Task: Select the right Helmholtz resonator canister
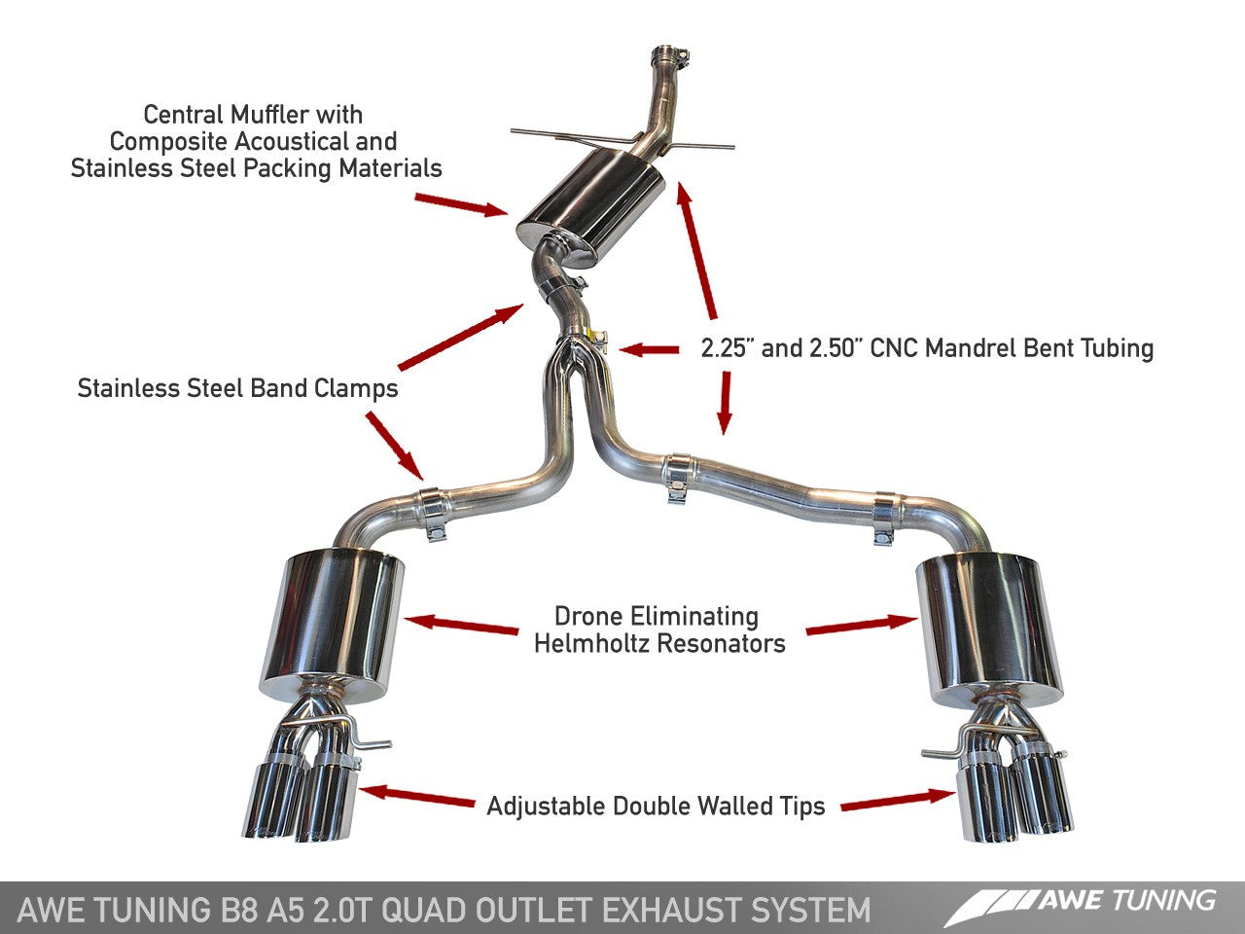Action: point(984,623)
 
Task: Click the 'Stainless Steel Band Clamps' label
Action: point(237,388)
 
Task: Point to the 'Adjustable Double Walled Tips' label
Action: point(656,806)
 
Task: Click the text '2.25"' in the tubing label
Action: point(727,348)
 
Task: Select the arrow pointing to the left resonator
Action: point(461,625)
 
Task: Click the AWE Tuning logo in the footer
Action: point(1081,904)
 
